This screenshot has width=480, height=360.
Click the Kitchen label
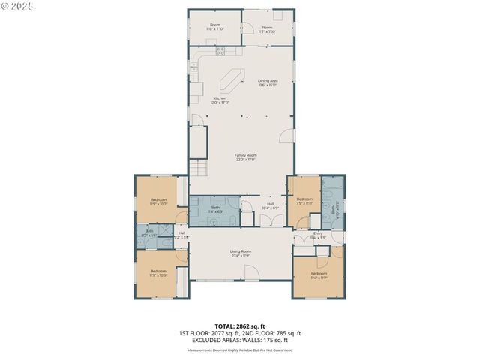click(220, 100)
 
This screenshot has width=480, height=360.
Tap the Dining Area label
click(268, 82)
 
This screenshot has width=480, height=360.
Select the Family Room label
click(245, 157)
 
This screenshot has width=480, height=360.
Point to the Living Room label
click(240, 253)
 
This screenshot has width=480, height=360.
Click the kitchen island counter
click(233, 80)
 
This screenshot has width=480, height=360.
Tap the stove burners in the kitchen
click(220, 51)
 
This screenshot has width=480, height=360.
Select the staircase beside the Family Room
click(198, 168)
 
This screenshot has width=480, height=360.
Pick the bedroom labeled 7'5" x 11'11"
click(304, 200)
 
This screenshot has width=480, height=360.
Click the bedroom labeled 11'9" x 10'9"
click(158, 272)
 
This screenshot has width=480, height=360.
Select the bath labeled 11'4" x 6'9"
click(215, 209)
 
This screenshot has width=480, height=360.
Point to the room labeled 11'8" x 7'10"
click(215, 28)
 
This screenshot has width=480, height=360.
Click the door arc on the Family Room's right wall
click(286, 136)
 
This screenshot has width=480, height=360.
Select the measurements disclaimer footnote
click(240, 349)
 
